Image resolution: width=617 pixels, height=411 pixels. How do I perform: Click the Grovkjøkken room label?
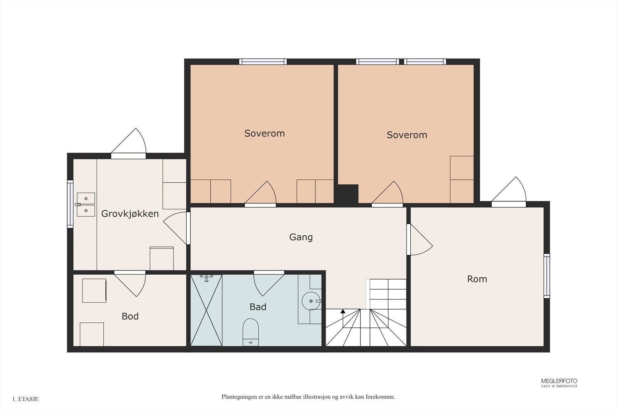[130, 214]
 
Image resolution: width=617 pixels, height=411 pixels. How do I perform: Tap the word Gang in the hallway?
[301, 237]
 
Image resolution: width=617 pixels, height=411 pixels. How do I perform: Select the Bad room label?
[258, 307]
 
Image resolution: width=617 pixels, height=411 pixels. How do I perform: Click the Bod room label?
[130, 316]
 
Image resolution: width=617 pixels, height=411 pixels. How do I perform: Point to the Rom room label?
[477, 279]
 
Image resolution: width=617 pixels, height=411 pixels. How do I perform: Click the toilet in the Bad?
[250, 331]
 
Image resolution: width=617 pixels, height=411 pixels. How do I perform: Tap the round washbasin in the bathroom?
[310, 301]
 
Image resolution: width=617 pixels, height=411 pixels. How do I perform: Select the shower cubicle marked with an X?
[207, 310]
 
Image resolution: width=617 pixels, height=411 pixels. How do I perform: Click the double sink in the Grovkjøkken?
[86, 205]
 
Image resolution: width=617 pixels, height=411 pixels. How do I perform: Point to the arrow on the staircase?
[343, 311]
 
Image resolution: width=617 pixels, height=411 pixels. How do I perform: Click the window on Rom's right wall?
[546, 276]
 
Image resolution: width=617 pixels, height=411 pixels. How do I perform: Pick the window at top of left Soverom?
[263, 62]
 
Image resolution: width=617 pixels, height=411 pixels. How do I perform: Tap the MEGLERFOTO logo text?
[559, 381]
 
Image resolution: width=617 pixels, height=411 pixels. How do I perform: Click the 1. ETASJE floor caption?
[25, 399]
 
